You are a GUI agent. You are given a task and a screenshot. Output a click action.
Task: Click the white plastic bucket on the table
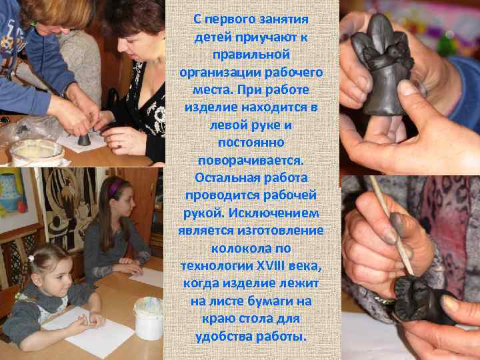coord(148,318)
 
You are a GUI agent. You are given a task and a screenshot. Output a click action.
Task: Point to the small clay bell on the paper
coord(84,139)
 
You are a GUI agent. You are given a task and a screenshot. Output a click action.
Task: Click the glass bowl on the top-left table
coord(37,152)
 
